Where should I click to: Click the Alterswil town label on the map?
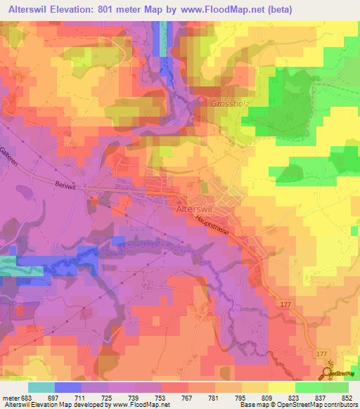198,209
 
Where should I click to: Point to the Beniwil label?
65,181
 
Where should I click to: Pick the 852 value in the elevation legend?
345,396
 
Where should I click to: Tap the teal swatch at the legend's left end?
41,387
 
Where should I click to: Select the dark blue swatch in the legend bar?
68,387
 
